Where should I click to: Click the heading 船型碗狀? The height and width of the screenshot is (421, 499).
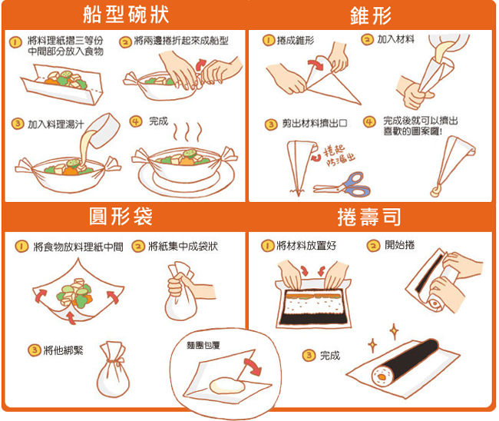click(x=126, y=15)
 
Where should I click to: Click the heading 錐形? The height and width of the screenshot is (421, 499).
click(x=371, y=15)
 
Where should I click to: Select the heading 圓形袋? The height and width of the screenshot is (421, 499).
click(x=121, y=217)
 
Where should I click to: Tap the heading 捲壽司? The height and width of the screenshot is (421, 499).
click(x=369, y=217)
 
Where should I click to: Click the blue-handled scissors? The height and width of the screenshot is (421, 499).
click(x=344, y=184)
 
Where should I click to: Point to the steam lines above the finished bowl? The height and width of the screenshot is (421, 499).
click(x=188, y=132)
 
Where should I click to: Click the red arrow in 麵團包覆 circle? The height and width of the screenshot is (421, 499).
click(x=253, y=366)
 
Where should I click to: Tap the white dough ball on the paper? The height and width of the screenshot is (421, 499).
click(x=227, y=386)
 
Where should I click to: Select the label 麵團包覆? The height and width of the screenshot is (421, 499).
click(x=203, y=345)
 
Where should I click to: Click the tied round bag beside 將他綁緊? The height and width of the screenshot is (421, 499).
click(x=114, y=370)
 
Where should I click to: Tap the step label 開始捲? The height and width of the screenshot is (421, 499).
click(x=400, y=245)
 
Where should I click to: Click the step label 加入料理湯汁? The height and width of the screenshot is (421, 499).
click(x=56, y=124)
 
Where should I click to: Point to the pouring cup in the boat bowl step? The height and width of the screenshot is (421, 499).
click(x=104, y=130)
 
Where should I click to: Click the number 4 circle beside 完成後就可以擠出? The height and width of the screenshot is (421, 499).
click(x=369, y=121)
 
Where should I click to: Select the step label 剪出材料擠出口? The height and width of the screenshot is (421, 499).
click(x=315, y=123)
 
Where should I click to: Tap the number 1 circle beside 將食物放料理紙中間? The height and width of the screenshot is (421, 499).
click(x=21, y=247)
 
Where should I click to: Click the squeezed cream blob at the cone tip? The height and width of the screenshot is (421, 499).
click(x=436, y=191)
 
